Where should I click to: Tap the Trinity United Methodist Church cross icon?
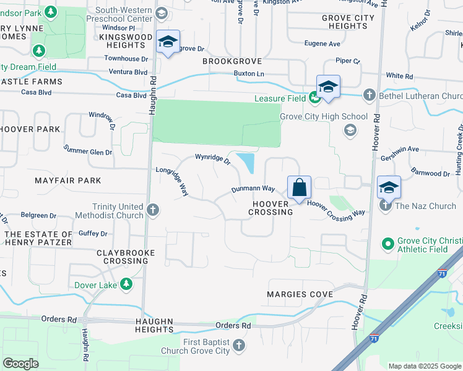click(x=153, y=210)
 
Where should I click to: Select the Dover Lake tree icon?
click(x=127, y=284)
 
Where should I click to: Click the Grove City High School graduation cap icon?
click(x=350, y=129)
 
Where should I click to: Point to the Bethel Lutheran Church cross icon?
click(x=369, y=95)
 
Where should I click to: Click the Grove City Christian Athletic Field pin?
click(x=388, y=244)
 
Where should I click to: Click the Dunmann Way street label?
click(x=253, y=189)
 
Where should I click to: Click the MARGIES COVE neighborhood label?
click(x=295, y=294)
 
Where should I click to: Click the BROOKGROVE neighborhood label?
click(x=232, y=62)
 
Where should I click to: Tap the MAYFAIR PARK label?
click(x=67, y=181)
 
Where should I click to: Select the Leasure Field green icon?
click(x=314, y=98)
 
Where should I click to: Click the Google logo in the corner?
click(x=21, y=363)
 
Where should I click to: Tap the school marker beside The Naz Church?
click(x=389, y=187)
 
